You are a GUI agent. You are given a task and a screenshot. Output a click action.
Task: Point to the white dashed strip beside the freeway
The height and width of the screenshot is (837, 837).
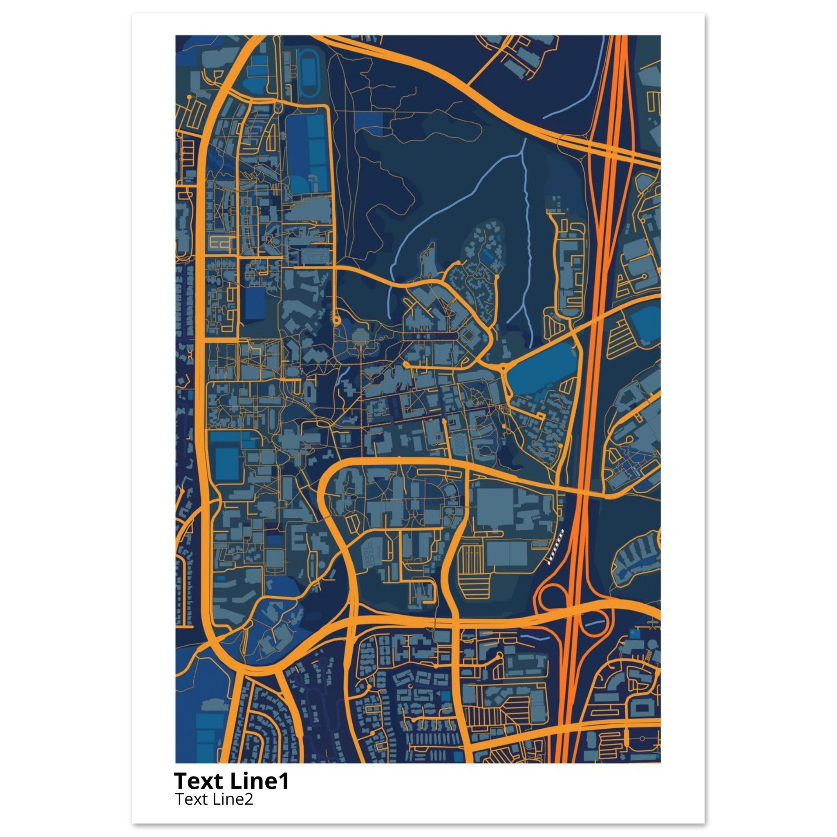click(x=556, y=547)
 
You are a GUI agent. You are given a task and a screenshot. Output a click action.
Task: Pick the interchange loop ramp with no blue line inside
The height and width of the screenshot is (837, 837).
click(x=549, y=599)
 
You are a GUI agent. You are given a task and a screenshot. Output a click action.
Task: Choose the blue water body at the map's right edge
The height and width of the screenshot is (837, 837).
click(x=645, y=322)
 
